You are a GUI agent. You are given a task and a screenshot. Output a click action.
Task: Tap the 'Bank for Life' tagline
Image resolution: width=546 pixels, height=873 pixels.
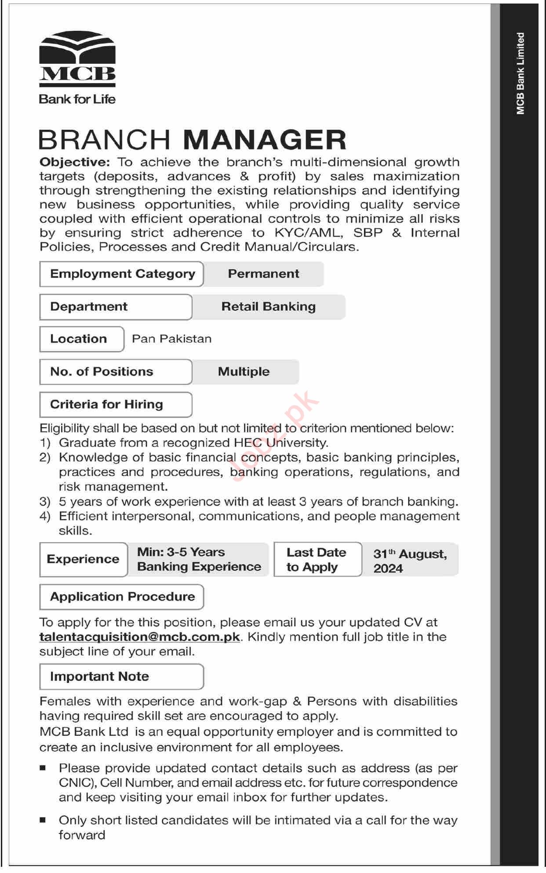click(x=77, y=99)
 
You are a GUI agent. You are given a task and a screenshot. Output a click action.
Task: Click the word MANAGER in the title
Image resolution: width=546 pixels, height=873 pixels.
click(x=265, y=140)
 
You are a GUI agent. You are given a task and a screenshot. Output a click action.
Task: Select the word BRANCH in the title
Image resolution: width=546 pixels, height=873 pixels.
click(x=105, y=140)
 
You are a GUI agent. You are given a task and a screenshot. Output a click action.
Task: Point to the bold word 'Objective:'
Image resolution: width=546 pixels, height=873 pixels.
click(x=74, y=162)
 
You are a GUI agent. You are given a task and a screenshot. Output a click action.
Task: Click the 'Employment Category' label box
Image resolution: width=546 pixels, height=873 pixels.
click(x=122, y=274)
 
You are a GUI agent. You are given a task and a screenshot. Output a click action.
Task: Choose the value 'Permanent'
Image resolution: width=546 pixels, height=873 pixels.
click(x=263, y=274)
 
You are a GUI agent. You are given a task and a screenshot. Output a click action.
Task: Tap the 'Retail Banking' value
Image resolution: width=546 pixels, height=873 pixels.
click(x=268, y=307)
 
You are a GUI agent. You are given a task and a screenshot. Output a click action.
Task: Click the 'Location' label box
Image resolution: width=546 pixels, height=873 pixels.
click(x=82, y=339)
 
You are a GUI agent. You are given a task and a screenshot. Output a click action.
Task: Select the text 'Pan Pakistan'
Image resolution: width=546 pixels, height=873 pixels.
click(x=171, y=339)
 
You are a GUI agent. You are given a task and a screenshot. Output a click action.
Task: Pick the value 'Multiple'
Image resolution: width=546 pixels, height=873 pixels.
click(x=244, y=372)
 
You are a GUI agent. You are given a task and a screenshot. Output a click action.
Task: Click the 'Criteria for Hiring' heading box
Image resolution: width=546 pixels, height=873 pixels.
click(x=116, y=404)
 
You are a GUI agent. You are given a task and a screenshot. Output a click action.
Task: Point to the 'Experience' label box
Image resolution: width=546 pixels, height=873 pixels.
click(x=83, y=559)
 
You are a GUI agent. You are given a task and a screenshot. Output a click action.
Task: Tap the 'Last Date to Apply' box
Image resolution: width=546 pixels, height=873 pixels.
click(x=317, y=559)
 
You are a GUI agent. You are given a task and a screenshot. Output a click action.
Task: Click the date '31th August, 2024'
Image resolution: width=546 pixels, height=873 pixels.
click(x=410, y=561)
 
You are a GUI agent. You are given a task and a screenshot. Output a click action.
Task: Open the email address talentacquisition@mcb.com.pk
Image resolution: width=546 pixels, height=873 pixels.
click(x=140, y=637)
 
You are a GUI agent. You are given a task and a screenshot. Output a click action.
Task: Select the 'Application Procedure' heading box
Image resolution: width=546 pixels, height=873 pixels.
click(x=122, y=597)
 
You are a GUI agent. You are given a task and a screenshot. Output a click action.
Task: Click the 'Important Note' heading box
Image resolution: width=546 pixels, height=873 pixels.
click(x=122, y=676)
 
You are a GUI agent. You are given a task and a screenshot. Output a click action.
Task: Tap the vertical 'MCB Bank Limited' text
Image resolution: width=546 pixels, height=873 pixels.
click(x=521, y=73)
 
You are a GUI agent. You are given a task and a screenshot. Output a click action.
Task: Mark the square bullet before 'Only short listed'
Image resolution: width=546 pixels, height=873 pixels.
click(x=43, y=820)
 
